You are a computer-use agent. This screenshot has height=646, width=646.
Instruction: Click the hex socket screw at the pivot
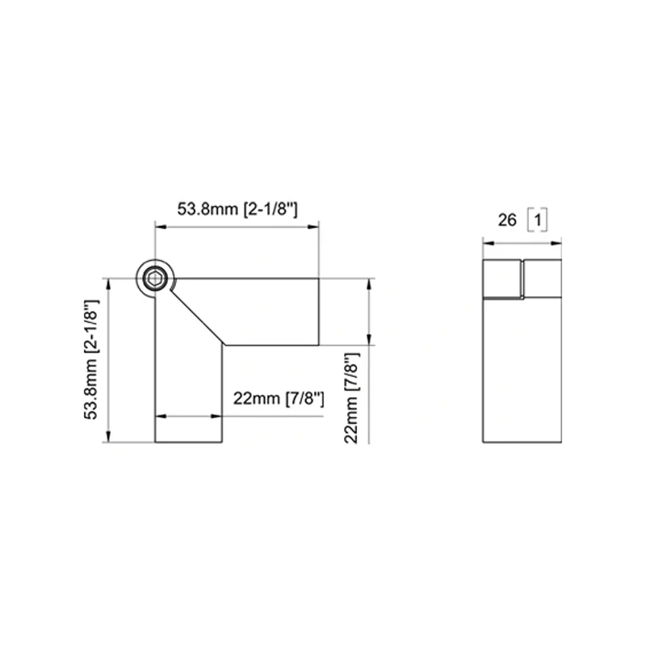click(155, 279)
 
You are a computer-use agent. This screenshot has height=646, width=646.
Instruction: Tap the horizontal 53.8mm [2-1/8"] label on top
click(239, 208)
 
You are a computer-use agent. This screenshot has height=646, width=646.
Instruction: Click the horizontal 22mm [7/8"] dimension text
click(278, 398)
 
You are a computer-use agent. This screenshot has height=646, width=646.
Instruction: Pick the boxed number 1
click(538, 219)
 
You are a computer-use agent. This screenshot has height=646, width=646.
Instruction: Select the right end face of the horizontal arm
click(320, 312)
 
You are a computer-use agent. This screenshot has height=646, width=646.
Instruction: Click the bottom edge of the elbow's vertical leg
click(188, 442)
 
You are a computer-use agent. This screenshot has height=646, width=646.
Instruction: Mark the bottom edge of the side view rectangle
click(520, 442)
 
